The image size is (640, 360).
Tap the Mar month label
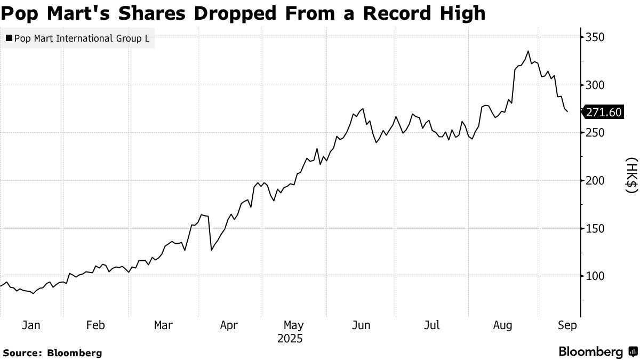click(163, 325)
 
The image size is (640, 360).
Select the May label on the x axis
click(293, 325)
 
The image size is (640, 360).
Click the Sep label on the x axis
click(566, 325)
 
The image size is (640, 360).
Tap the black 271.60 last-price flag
click(603, 113)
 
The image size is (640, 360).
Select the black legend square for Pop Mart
click(9, 38)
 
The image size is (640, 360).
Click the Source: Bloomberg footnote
click(52, 353)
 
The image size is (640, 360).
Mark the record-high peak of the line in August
click(528, 51)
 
